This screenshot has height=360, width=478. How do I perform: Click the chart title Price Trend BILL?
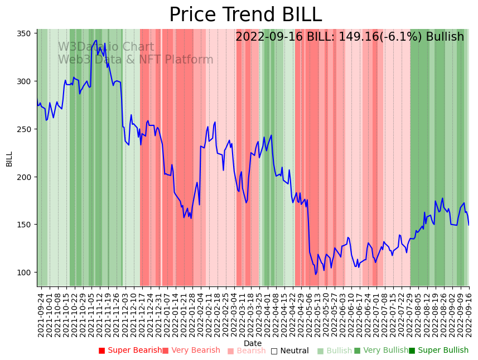pyautogui.click(x=245, y=15)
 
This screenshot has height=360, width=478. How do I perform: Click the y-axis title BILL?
pyautogui.click(x=9, y=159)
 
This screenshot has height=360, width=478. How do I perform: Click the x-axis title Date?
pyautogui.click(x=253, y=343)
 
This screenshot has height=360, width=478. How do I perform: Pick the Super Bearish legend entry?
pyautogui.click(x=130, y=351)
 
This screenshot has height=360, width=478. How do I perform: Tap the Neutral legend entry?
pyautogui.click(x=289, y=351)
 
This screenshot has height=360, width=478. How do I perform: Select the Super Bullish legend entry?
pyautogui.click(x=438, y=351)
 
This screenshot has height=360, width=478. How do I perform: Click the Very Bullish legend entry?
pyautogui.click(x=381, y=351)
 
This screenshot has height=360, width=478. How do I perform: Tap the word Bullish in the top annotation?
pyautogui.click(x=445, y=37)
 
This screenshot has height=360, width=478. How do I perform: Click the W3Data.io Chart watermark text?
pyautogui.click(x=106, y=47)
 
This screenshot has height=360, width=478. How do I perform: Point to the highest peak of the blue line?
pyautogui.click(x=96, y=40)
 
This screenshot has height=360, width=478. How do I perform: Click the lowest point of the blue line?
pyautogui.click(x=316, y=274)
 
